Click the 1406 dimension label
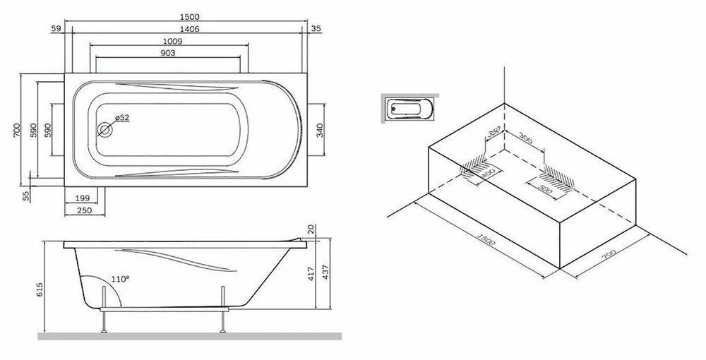pyautogui.click(x=189, y=29)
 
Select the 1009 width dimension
pyautogui.click(x=172, y=41)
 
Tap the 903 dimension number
pyautogui.click(x=167, y=53)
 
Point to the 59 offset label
pyautogui.click(x=56, y=28)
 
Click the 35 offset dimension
pyautogui.click(x=316, y=28)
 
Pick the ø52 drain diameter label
pyautogui.click(x=122, y=117)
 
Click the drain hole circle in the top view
pyautogui.click(x=104, y=130)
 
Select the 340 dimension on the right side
pyautogui.click(x=319, y=130)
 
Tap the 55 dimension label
pyautogui.click(x=25, y=196)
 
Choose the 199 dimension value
pyautogui.click(x=83, y=198)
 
